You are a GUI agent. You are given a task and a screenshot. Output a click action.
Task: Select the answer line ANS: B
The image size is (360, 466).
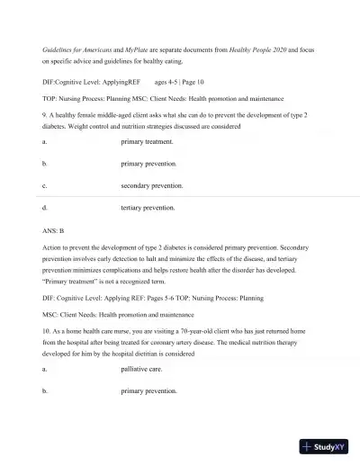(x=53, y=230)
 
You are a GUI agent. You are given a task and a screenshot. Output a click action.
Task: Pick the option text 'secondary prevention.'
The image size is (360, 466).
(x=152, y=186)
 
